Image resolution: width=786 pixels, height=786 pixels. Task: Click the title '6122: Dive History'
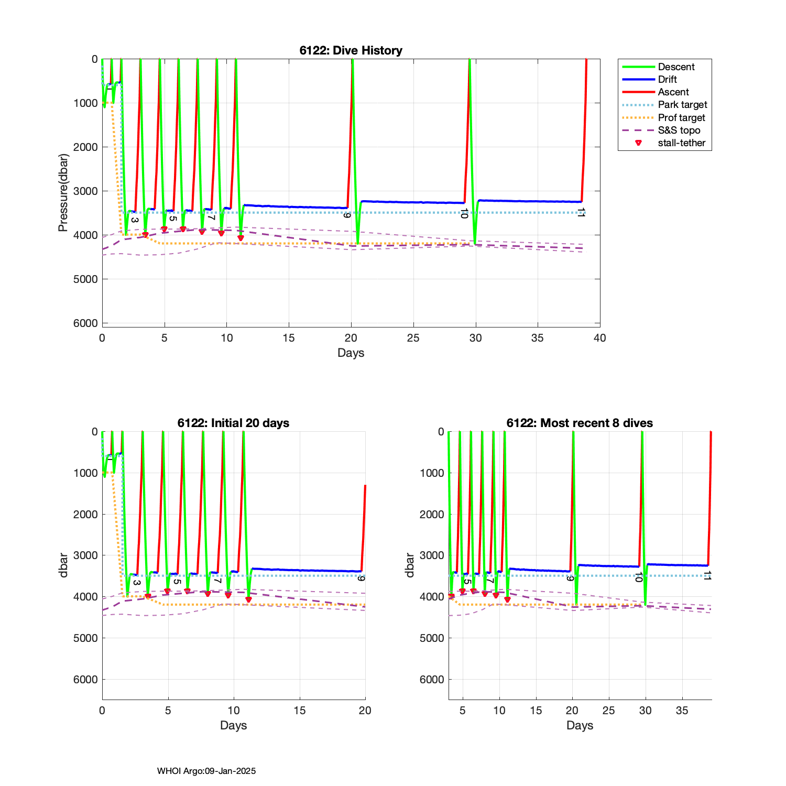click(351, 50)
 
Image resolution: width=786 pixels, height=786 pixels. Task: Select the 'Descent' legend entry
click(676, 67)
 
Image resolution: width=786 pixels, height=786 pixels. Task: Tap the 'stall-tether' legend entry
click(681, 143)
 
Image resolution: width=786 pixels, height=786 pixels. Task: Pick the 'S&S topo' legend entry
click(679, 130)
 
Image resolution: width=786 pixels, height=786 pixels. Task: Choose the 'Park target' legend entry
click(682, 105)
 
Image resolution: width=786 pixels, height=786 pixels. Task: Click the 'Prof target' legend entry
click(681, 117)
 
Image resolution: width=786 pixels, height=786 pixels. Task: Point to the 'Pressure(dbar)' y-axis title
click(63, 192)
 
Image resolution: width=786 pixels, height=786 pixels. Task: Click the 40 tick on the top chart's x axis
click(599, 338)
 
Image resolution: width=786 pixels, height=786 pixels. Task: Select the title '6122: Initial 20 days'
click(233, 423)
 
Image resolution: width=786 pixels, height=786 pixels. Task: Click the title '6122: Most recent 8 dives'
click(580, 423)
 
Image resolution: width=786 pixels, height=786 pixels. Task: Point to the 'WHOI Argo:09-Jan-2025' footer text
click(206, 771)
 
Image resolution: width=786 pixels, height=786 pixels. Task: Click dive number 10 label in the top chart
click(463, 213)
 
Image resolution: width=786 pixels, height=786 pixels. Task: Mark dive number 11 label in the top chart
click(581, 212)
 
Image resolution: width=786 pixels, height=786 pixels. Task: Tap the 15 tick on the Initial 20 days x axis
click(299, 711)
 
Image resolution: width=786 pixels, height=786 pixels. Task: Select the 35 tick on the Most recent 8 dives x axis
click(682, 711)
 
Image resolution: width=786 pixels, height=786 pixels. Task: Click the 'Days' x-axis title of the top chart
click(351, 353)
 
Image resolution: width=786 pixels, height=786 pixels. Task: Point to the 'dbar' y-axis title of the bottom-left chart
click(63, 565)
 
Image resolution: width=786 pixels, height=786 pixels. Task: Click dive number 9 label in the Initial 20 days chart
click(361, 578)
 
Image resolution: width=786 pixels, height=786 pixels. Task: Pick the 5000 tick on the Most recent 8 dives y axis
click(432, 638)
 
